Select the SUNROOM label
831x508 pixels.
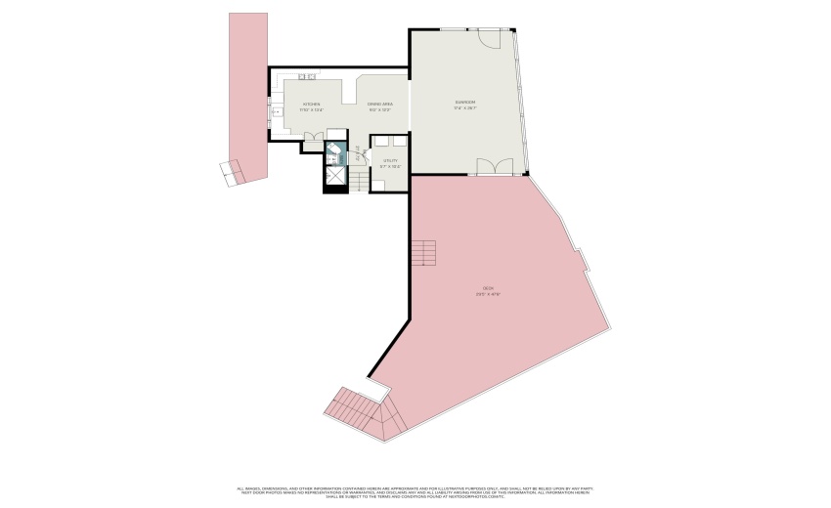(464, 104)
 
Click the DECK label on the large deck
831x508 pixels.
(487, 290)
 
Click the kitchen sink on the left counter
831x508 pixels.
(277, 112)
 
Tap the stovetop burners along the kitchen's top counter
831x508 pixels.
(308, 76)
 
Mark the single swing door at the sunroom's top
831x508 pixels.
(489, 38)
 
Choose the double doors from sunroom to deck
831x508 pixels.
(489, 167)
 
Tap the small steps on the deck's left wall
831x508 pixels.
(422, 254)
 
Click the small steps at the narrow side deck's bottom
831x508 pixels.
(231, 172)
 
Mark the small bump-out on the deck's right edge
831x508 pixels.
(583, 260)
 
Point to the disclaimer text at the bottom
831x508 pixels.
(415, 491)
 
